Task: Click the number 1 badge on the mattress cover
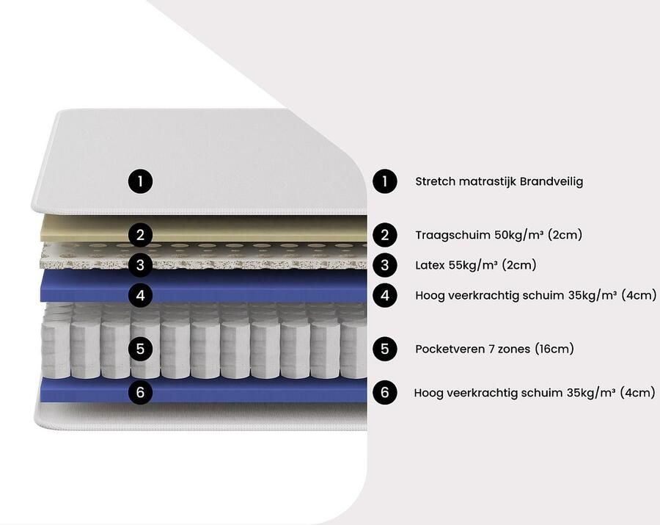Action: (140, 181)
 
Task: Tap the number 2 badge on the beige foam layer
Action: (140, 235)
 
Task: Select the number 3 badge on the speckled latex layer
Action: (140, 265)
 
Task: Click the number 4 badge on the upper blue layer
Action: (140, 295)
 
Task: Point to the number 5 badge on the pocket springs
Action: (140, 349)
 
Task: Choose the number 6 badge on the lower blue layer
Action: (140, 392)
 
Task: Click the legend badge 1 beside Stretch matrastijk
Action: (385, 181)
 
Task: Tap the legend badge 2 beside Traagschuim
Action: (385, 235)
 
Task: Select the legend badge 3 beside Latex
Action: (385, 265)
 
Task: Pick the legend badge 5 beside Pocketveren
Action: (385, 349)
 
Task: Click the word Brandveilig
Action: (551, 181)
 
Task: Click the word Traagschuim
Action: (452, 235)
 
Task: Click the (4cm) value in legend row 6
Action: (638, 393)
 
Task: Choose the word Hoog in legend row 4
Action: (430, 296)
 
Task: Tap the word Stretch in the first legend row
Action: (435, 181)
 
